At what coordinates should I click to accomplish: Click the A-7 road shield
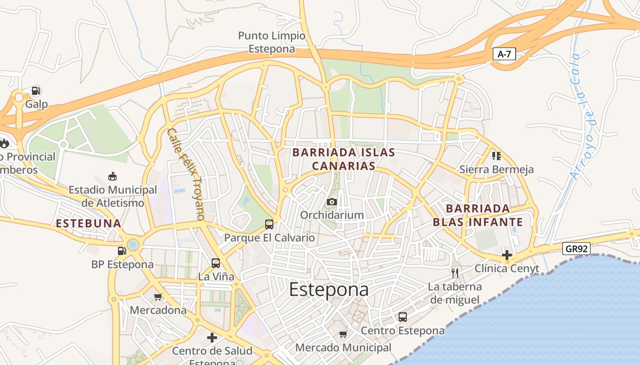click(x=505, y=54)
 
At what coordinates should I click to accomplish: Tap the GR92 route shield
click(x=576, y=249)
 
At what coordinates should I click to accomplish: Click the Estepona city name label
click(x=329, y=290)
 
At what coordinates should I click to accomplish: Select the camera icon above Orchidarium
click(x=332, y=202)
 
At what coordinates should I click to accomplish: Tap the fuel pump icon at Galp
click(x=36, y=91)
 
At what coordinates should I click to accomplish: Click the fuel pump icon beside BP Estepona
click(x=122, y=250)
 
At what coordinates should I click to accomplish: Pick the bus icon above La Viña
click(x=216, y=263)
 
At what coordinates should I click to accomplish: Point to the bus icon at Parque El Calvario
click(x=269, y=224)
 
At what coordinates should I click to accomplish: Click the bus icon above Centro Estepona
click(x=403, y=317)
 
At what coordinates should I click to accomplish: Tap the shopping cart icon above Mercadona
click(x=158, y=297)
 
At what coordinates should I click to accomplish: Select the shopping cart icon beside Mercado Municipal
click(x=343, y=334)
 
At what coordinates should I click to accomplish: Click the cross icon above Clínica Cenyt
click(x=507, y=255)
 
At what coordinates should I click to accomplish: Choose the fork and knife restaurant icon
click(x=455, y=273)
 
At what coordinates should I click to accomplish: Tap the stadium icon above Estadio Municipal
click(x=112, y=176)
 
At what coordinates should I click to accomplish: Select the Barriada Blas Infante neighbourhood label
click(x=478, y=215)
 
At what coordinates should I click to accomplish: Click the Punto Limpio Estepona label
click(x=272, y=42)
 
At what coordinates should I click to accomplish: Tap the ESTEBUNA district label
click(x=88, y=224)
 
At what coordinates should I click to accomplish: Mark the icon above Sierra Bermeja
click(x=496, y=156)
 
